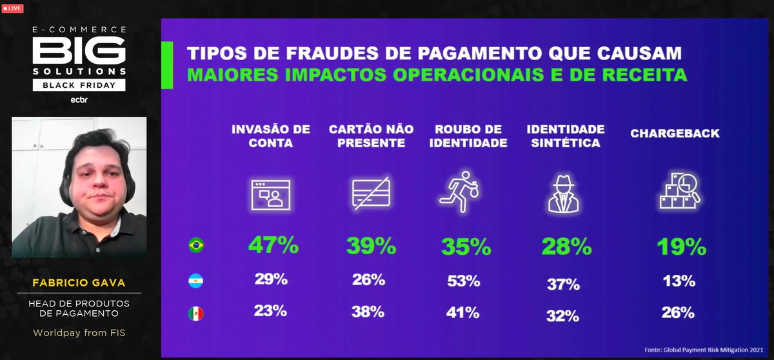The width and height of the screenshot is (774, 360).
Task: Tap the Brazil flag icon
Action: pyautogui.click(x=195, y=246)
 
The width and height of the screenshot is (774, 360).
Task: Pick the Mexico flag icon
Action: pyautogui.click(x=195, y=314)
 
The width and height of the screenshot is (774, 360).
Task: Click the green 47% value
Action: pyautogui.click(x=273, y=246)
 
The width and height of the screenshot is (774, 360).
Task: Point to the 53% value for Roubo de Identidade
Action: pyautogui.click(x=462, y=281)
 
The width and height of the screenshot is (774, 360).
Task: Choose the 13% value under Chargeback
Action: pyautogui.click(x=677, y=281)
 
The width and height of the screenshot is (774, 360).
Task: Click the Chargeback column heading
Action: pyautogui.click(x=675, y=134)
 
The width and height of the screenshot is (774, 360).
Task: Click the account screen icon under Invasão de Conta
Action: pyautogui.click(x=270, y=194)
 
